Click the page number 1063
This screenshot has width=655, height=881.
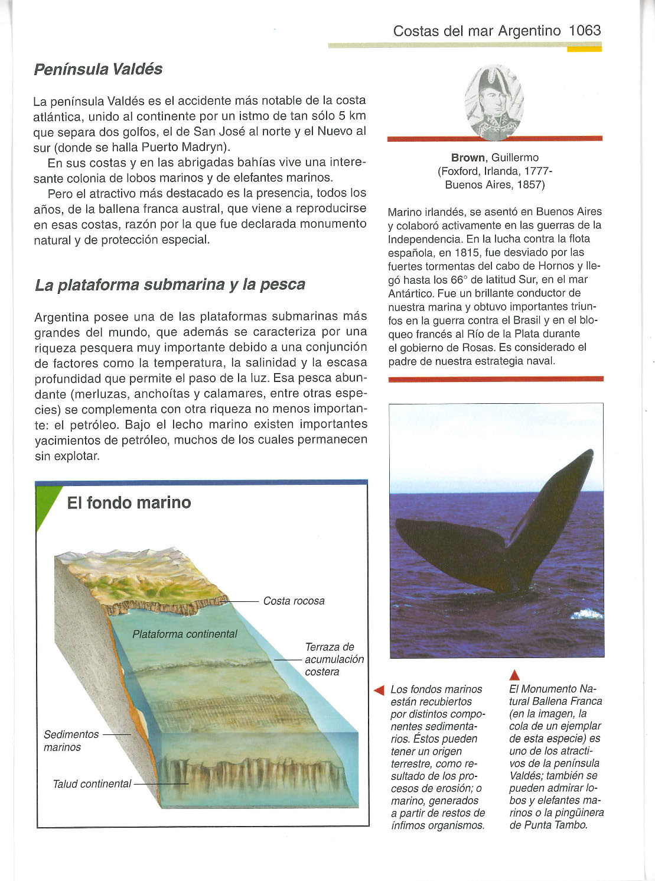tap(585, 31)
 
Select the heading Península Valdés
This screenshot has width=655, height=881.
tap(98, 69)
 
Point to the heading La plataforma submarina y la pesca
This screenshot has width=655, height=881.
tap(170, 284)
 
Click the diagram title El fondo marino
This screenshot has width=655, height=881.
tap(129, 503)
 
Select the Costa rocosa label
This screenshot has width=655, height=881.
tap(294, 601)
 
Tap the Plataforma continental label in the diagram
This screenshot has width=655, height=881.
tap(185, 634)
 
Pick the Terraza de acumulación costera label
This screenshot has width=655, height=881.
tap(334, 659)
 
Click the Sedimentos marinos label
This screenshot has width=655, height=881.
tap(71, 741)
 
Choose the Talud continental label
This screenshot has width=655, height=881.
tap(92, 784)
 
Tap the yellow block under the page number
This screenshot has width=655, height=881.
tap(584, 49)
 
